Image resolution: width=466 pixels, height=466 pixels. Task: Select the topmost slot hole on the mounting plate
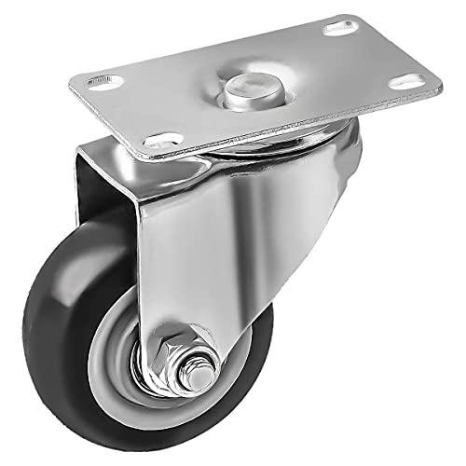[337, 29]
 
